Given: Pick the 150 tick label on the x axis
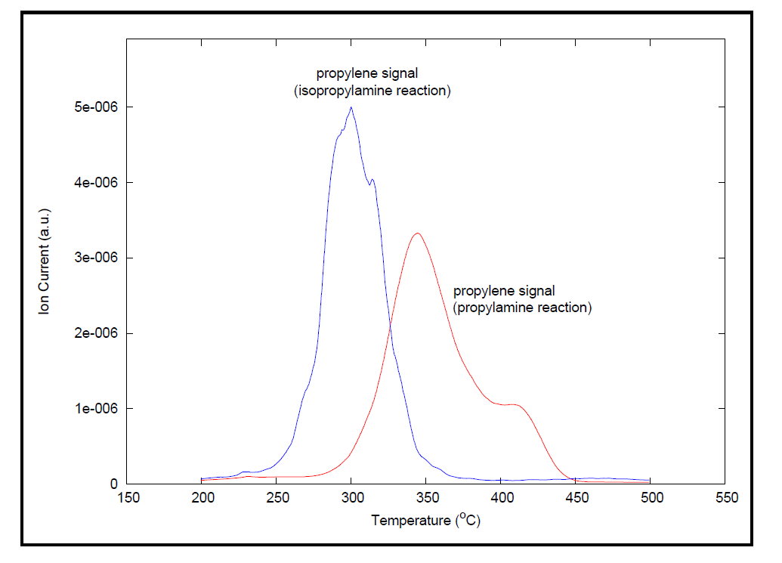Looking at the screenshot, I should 126,499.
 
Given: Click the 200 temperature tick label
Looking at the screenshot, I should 201,499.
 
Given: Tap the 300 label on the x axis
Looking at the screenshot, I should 351,499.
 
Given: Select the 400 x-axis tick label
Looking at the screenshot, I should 502,499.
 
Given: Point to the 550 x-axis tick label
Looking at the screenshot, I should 726,499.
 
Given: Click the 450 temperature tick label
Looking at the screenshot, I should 576,499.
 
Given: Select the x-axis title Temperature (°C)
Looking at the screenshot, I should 425,521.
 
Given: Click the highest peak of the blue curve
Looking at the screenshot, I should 351,107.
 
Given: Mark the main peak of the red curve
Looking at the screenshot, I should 417,233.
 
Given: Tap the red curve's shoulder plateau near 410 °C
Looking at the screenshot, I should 514,404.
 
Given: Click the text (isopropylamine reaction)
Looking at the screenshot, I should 372,91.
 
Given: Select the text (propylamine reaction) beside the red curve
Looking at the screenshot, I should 522,308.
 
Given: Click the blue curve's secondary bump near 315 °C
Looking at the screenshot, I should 372,180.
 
